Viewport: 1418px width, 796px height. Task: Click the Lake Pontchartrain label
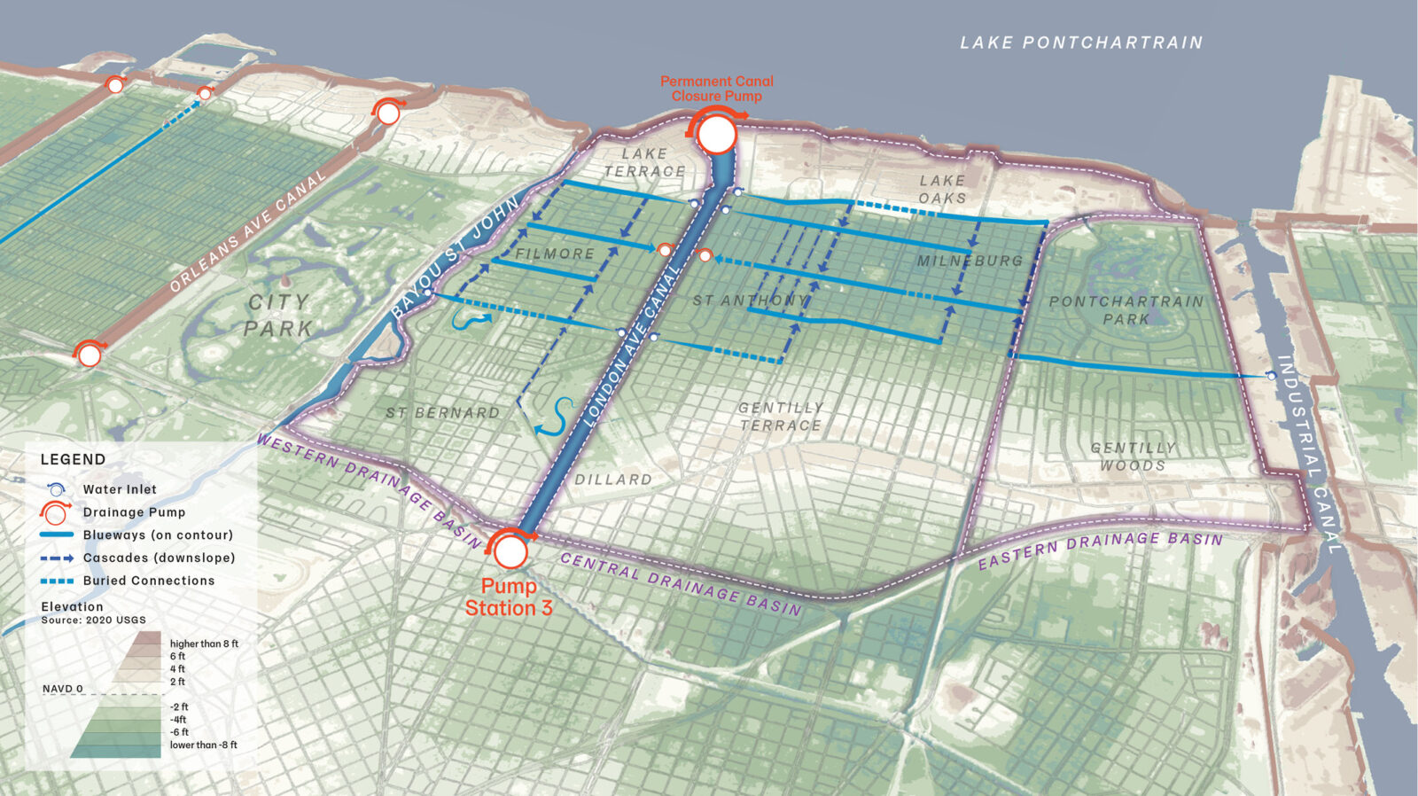click(x=1081, y=43)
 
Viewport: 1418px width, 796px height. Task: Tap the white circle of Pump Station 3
click(x=510, y=551)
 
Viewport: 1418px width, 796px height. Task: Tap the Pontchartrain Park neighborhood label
click(x=1126, y=310)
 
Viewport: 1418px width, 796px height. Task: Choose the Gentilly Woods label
click(x=1134, y=457)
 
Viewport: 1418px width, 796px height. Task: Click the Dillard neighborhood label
click(x=613, y=480)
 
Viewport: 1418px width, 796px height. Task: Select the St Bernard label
click(x=442, y=413)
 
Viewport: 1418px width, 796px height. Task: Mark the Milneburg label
click(x=970, y=261)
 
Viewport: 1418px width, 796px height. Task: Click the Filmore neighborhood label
click(x=555, y=254)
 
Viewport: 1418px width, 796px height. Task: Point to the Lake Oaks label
click(x=942, y=189)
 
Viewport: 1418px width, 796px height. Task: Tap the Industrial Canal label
click(x=1309, y=452)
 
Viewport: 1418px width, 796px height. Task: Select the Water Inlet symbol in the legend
click(x=56, y=489)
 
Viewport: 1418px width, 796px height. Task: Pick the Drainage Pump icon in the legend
click(x=55, y=512)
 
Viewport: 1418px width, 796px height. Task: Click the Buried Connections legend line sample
click(x=56, y=581)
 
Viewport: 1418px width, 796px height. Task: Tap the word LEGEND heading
click(x=73, y=459)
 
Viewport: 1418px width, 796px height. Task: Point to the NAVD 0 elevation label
click(x=63, y=689)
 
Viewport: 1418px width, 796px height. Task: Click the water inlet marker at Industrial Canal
click(x=1271, y=377)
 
